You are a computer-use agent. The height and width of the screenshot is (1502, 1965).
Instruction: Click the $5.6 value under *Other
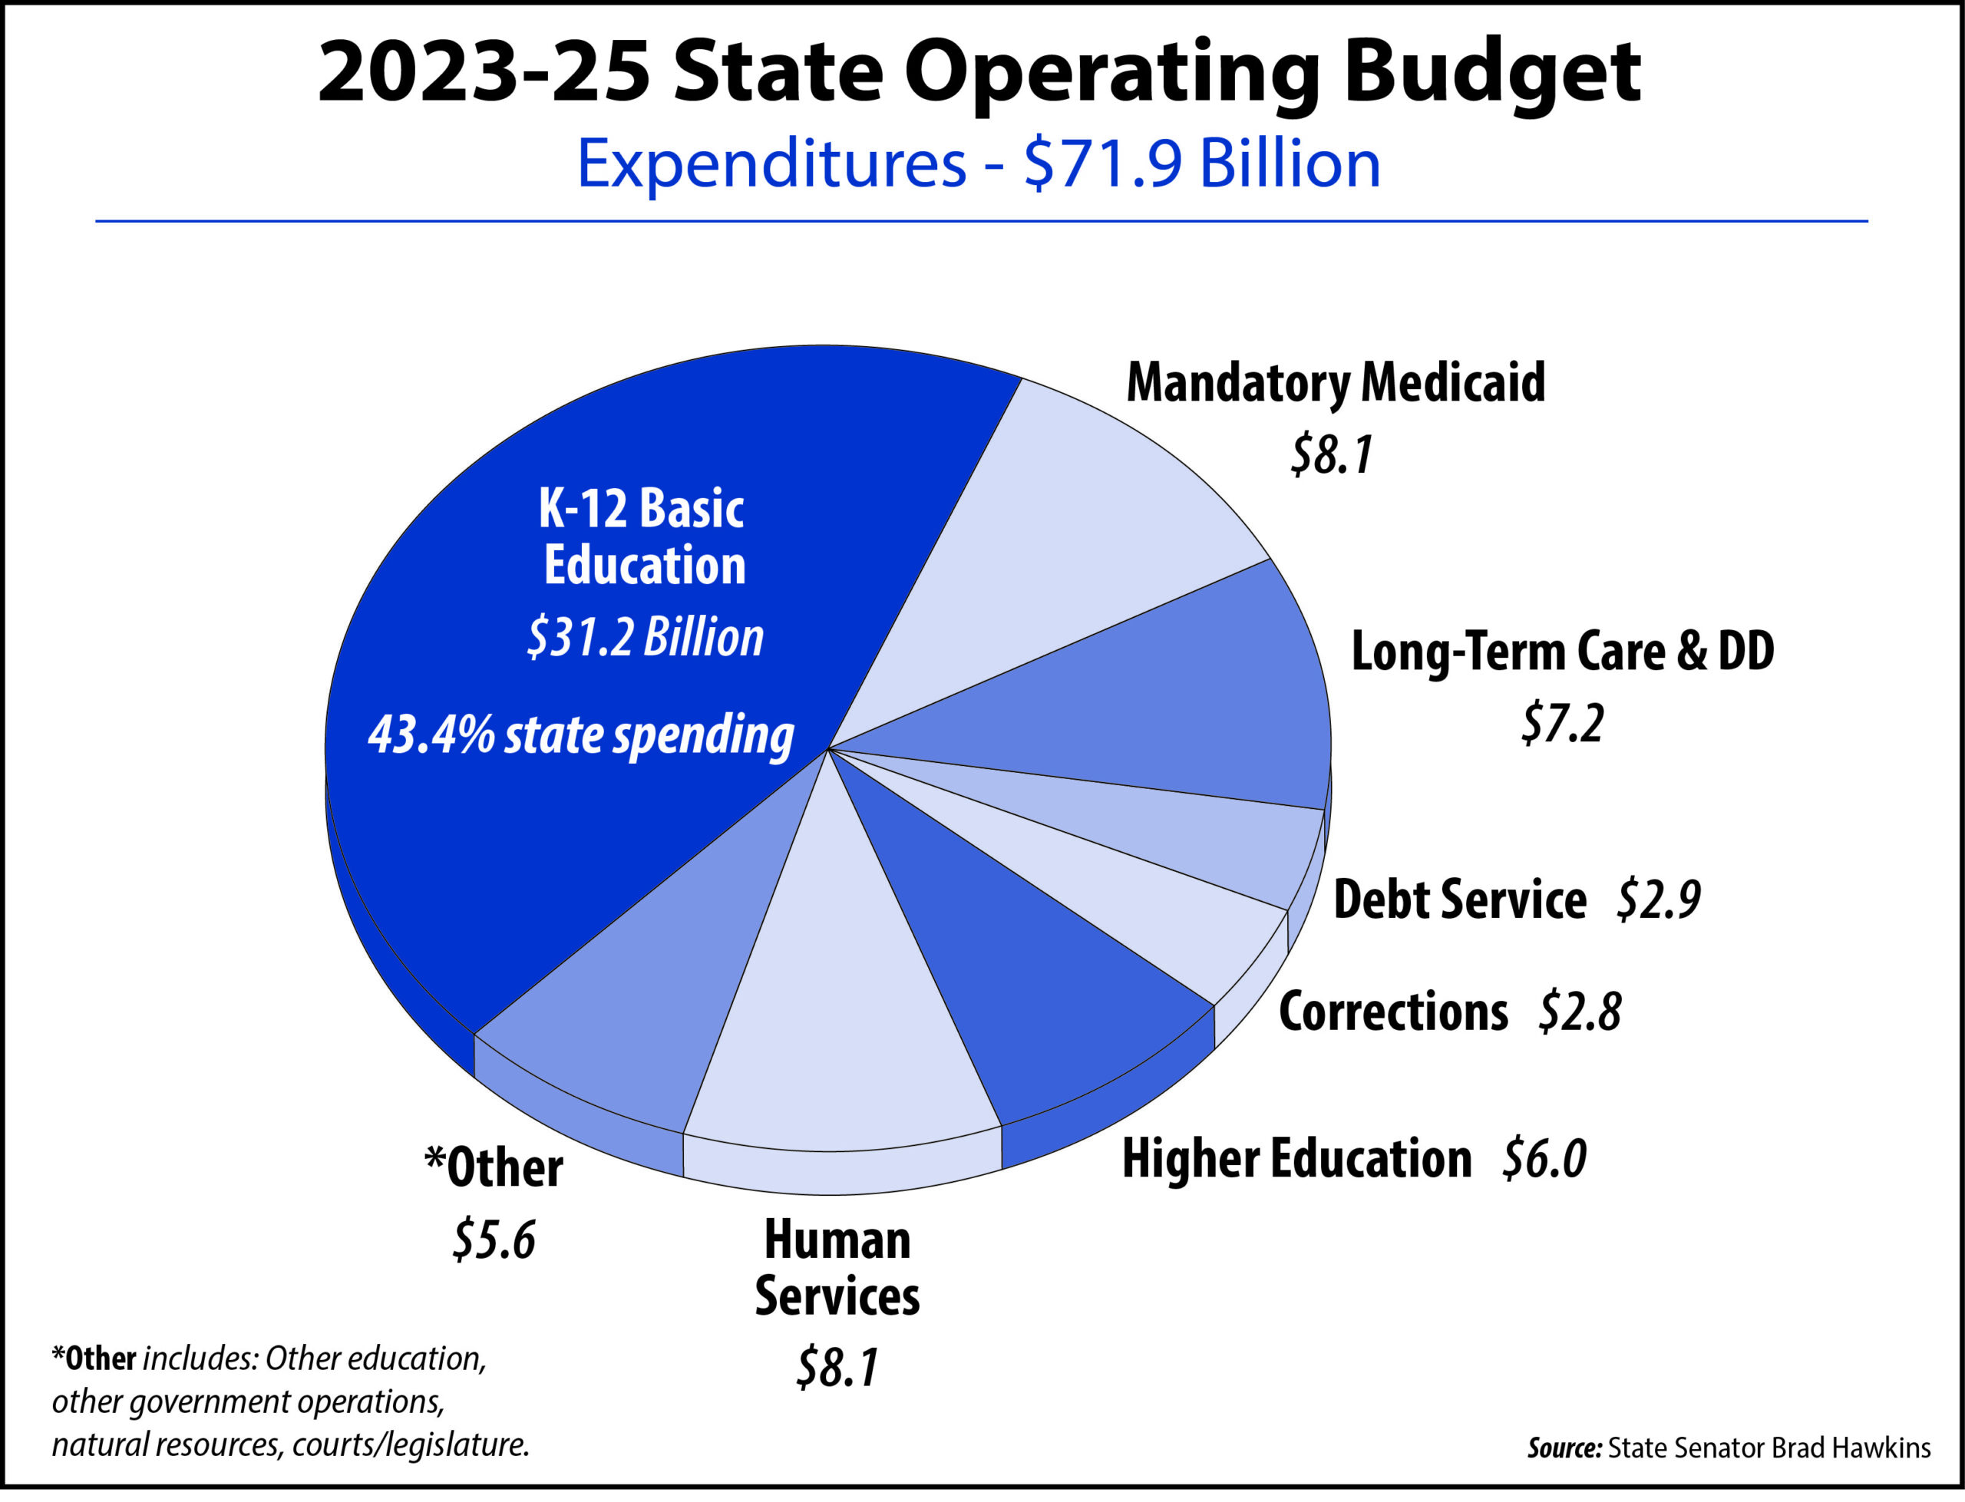coord(494,1241)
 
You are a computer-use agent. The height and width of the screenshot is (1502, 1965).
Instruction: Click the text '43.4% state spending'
coord(581,736)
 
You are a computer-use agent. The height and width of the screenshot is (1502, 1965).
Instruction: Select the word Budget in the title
coord(1491,74)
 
